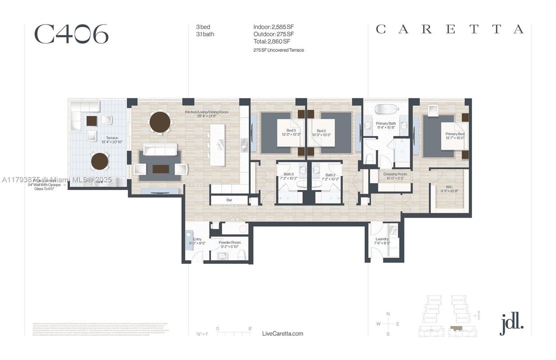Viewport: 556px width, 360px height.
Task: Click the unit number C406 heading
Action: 71,34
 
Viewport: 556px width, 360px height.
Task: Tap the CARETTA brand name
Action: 450,29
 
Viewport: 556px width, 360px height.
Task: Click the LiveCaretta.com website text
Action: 282,333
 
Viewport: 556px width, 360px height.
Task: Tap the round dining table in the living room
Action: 160,122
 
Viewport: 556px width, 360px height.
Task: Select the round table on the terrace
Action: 99,161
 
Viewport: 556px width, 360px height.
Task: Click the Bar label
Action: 229,200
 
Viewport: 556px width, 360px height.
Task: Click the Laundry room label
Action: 382,239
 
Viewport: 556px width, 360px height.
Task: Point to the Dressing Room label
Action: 395,174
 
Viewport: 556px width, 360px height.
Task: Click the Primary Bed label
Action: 455,134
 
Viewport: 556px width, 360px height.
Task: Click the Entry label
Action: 197,239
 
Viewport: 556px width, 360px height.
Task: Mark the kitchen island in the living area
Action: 217,142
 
